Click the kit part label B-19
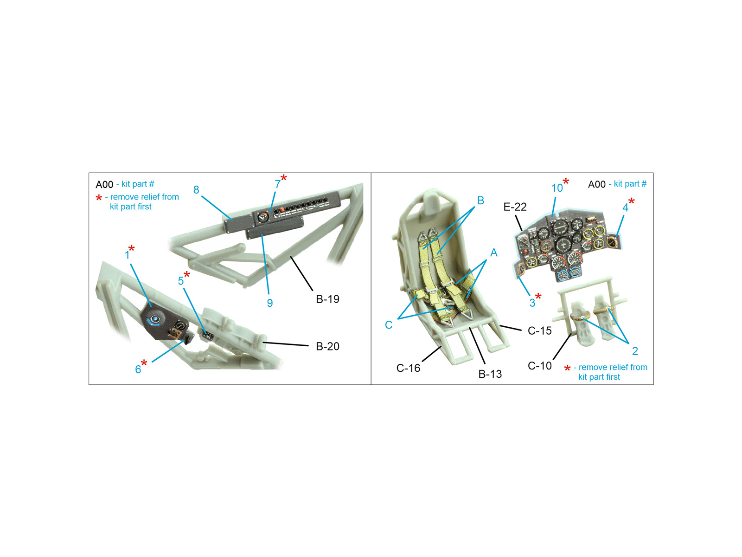(x=327, y=299)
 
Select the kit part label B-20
(x=327, y=346)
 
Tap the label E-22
(x=515, y=207)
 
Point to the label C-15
(x=539, y=331)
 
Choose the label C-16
(x=408, y=368)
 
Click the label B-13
(x=490, y=374)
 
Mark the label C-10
(x=539, y=366)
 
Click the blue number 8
(x=196, y=190)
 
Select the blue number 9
(x=270, y=303)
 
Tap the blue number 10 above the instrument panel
(x=557, y=188)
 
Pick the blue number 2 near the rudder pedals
(x=635, y=351)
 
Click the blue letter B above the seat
(x=480, y=201)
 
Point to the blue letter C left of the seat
(x=389, y=325)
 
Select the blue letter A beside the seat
(x=493, y=253)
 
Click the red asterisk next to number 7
(x=284, y=178)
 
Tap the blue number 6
(x=138, y=369)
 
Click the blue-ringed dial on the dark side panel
(x=155, y=319)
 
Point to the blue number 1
(x=127, y=255)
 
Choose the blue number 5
(x=181, y=281)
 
